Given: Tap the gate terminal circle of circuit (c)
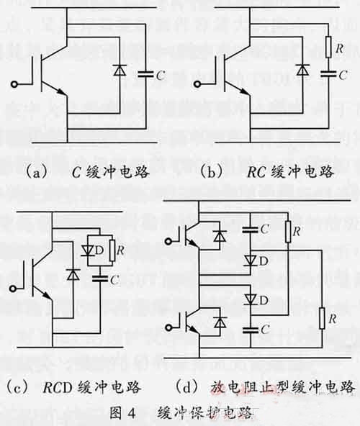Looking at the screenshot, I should click(x=10, y=290).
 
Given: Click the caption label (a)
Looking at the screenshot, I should click(x=35, y=172).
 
